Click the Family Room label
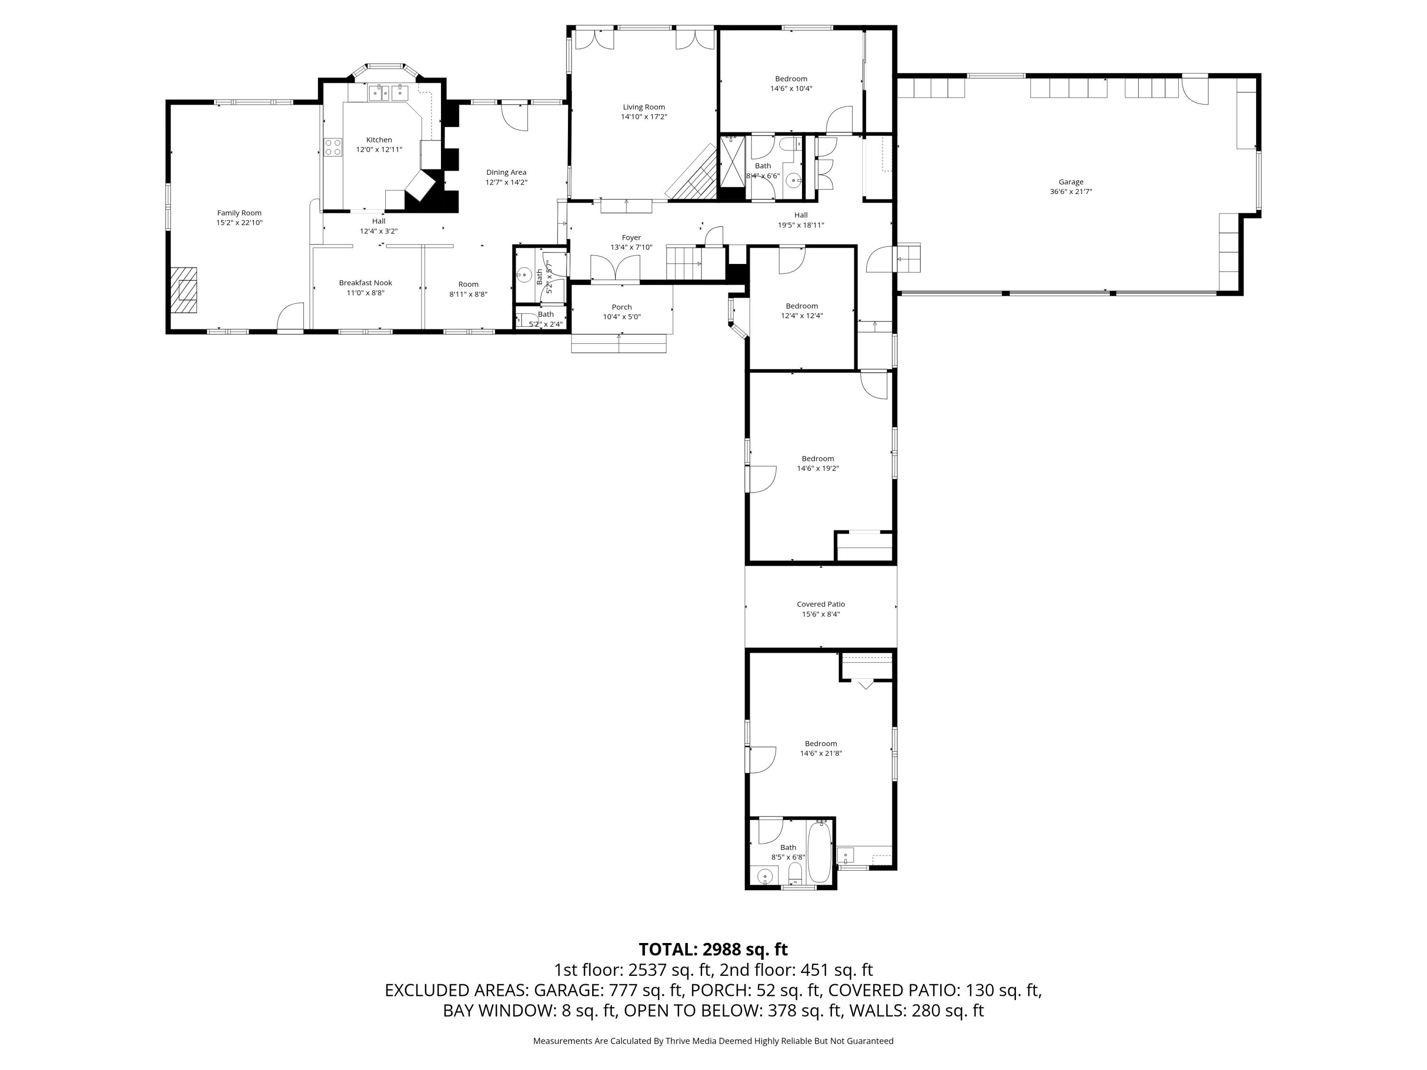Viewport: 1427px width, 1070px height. coord(239,213)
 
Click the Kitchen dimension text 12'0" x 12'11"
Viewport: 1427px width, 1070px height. coord(379,150)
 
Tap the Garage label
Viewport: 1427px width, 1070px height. coord(1070,182)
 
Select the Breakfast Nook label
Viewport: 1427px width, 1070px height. coord(365,282)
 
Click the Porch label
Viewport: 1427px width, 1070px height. coord(621,307)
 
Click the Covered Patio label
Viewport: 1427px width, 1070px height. coord(820,604)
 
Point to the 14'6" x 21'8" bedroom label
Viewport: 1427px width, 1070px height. coord(821,753)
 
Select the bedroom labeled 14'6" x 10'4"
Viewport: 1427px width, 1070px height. coord(791,78)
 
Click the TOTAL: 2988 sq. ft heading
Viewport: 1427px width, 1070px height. coord(713,949)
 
